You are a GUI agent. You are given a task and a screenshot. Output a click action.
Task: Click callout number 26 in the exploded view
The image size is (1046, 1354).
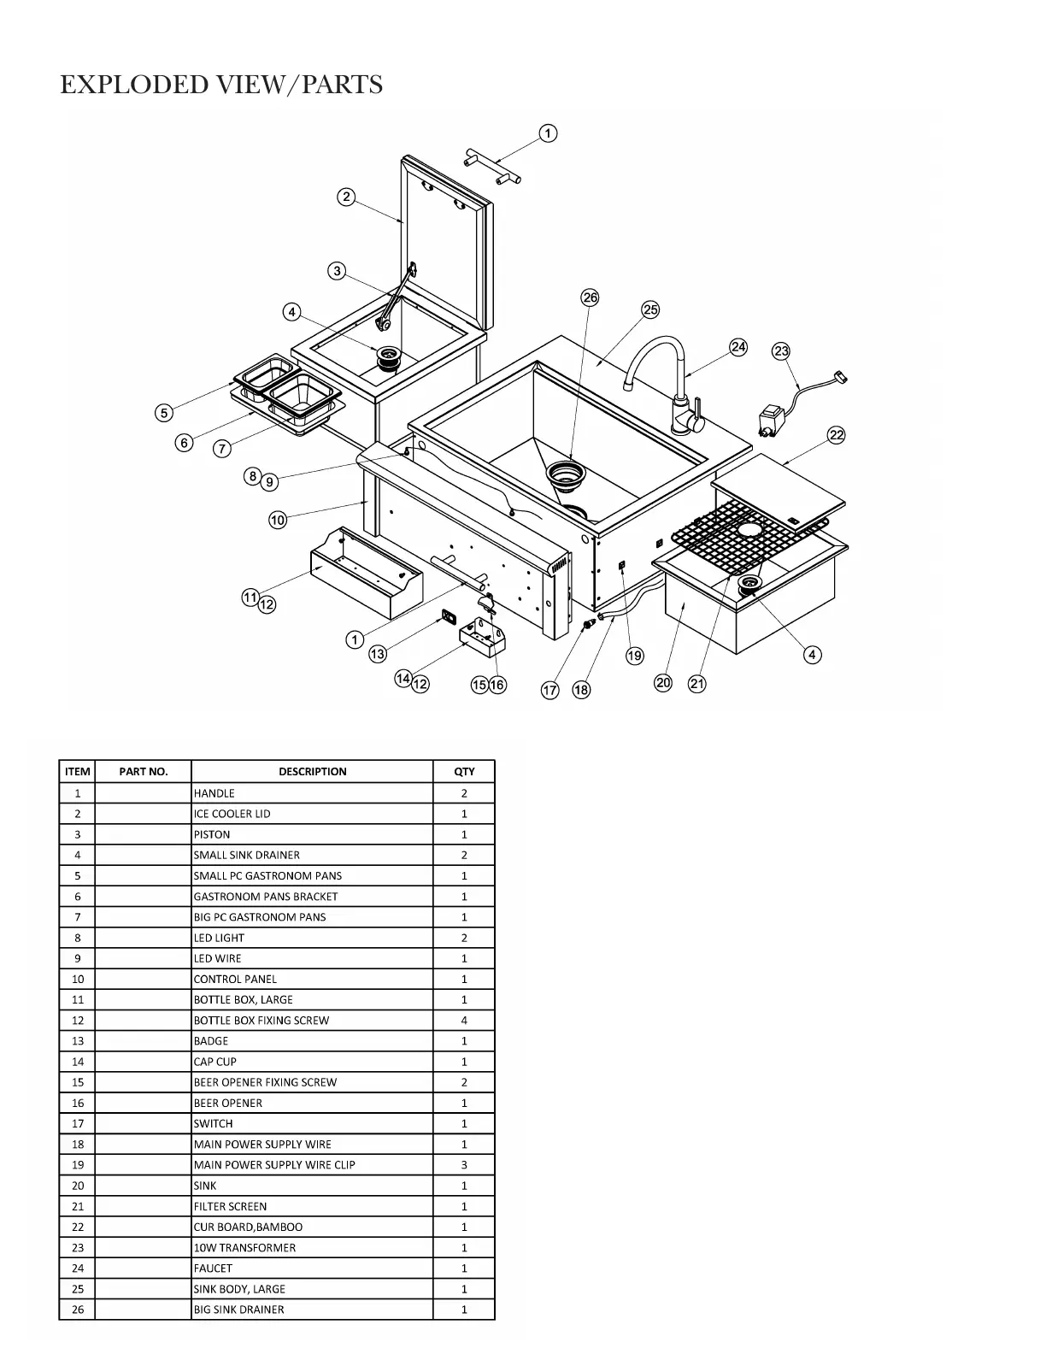590,297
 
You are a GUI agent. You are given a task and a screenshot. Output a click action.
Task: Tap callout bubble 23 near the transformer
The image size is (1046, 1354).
781,351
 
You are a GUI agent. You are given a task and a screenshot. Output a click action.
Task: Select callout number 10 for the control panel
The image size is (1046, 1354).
278,520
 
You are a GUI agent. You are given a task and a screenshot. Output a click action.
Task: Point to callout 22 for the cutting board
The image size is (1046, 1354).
837,435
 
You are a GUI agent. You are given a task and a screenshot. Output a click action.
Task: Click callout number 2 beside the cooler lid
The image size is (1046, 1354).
345,197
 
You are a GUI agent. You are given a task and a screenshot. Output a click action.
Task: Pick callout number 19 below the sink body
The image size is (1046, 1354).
634,656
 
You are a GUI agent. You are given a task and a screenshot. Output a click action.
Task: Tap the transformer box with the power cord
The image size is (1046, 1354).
773,421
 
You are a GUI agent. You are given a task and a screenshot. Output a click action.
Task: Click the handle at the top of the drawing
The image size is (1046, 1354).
493,166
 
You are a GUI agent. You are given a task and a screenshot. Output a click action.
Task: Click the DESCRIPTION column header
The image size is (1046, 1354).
312,771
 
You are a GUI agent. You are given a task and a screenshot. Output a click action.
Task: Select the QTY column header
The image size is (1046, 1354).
464,771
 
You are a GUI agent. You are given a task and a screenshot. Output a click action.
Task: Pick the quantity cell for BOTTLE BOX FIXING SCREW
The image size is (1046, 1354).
464,1020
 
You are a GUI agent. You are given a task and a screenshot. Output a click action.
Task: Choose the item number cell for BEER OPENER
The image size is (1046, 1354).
77,1103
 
